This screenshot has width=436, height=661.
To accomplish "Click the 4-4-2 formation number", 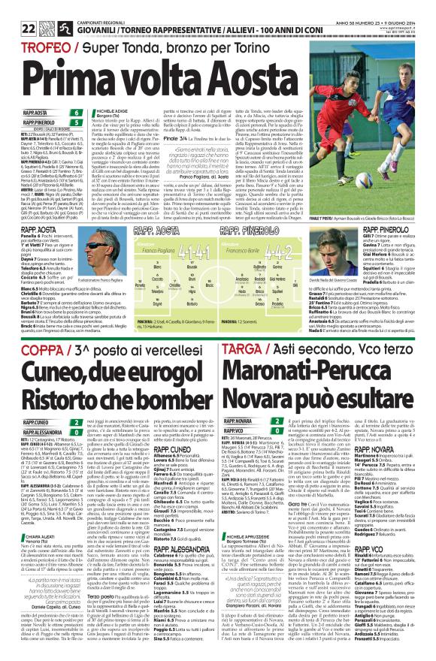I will point(298,227).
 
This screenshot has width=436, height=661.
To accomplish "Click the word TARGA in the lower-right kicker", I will point(241,351).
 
